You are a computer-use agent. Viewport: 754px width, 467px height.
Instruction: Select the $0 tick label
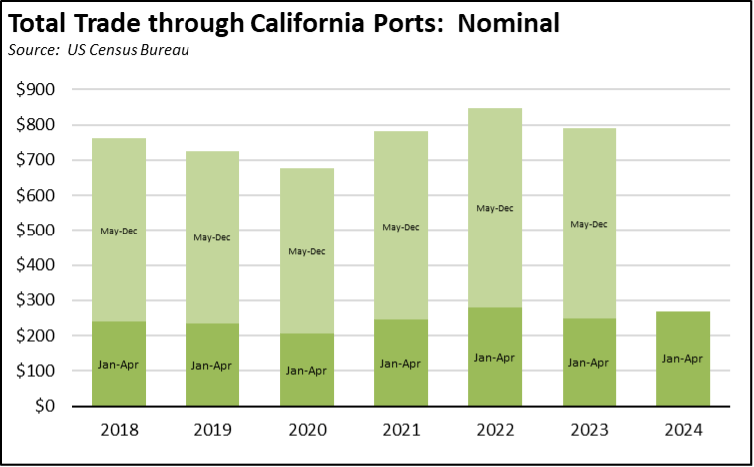(x=43, y=406)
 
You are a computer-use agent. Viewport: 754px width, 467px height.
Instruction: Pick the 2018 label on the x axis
(x=119, y=430)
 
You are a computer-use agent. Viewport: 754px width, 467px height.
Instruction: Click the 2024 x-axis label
(x=682, y=430)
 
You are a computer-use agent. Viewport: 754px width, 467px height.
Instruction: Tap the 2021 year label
(x=400, y=430)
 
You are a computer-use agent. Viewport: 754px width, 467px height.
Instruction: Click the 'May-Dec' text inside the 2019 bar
(x=212, y=237)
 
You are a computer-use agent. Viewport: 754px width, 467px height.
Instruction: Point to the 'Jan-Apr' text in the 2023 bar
(x=588, y=363)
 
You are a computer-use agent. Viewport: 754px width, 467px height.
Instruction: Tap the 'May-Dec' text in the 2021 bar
(x=400, y=227)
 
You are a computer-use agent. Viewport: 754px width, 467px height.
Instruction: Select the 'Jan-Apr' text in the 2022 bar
(x=494, y=357)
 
